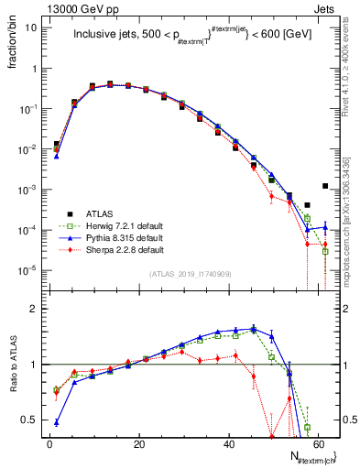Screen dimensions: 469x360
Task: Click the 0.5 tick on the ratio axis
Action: click(28, 420)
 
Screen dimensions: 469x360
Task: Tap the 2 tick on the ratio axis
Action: click(33, 310)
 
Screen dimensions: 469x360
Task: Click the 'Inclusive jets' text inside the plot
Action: click(105, 38)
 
